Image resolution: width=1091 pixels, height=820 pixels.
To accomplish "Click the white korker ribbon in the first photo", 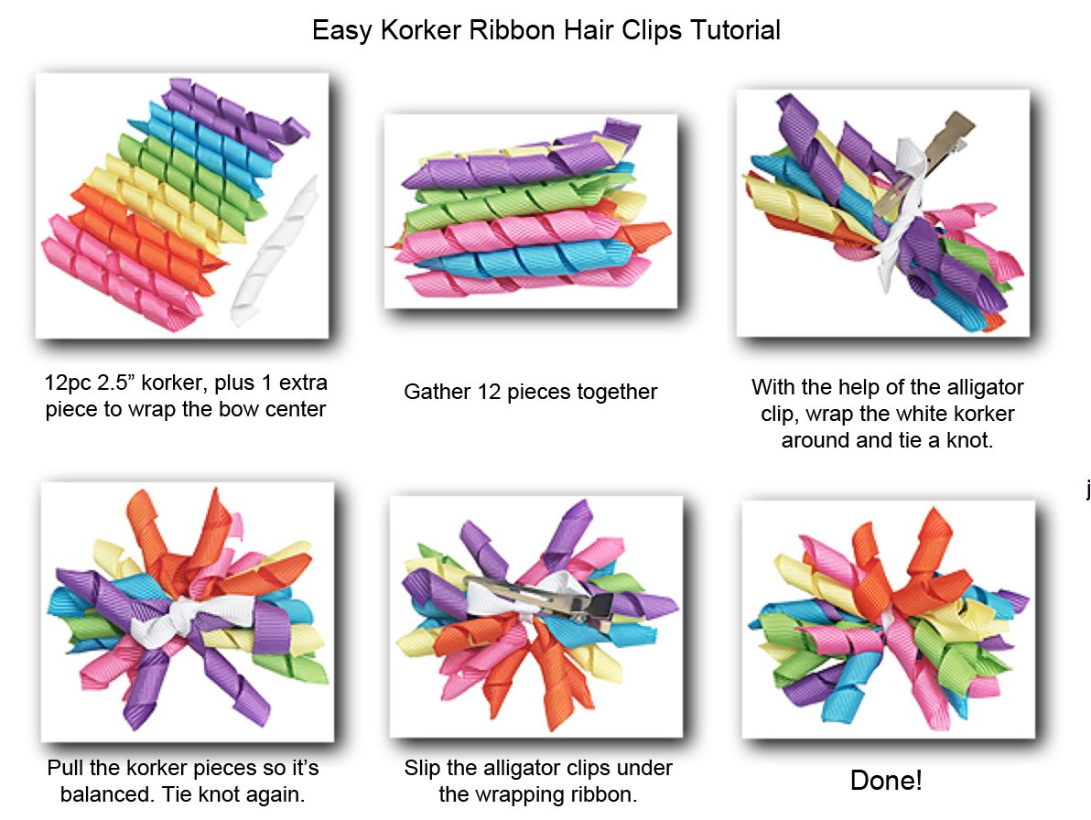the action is point(274,252).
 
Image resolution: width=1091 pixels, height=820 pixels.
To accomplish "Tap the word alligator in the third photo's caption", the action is point(978,387).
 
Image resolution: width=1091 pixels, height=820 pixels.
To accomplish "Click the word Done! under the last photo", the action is point(886,781).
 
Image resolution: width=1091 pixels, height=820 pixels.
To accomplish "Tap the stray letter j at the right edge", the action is point(1087,491).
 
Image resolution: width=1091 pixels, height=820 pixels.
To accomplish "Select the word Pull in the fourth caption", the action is point(64,768).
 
